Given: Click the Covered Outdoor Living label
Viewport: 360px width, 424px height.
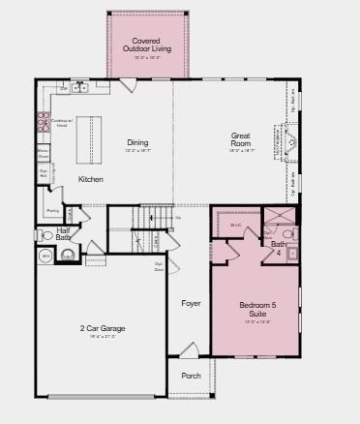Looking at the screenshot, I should click(x=147, y=45).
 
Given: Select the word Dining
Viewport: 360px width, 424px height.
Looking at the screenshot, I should click(x=137, y=142).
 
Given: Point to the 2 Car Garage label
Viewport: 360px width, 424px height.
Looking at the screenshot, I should click(x=103, y=328).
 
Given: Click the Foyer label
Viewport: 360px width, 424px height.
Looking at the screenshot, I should click(x=192, y=303).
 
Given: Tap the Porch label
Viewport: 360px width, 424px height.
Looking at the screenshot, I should click(x=192, y=376).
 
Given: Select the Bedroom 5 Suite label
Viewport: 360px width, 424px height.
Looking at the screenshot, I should click(x=258, y=310).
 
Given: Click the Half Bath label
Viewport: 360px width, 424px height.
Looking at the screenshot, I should click(x=63, y=232).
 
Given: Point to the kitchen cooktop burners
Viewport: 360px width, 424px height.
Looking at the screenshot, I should click(x=44, y=122).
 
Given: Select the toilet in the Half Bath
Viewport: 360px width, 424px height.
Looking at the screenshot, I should click(x=46, y=235).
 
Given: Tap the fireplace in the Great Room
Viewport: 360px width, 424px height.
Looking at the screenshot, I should click(x=290, y=145).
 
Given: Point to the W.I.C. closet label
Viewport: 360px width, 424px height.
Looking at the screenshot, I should click(x=235, y=225).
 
